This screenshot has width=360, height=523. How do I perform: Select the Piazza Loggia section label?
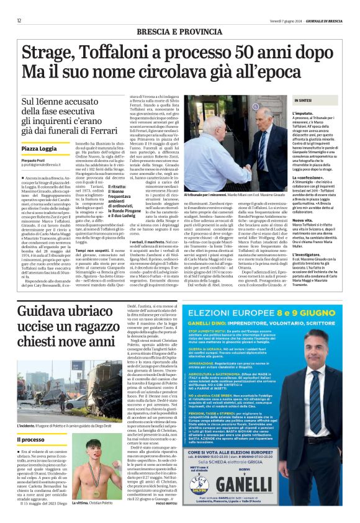pos(39,149)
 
